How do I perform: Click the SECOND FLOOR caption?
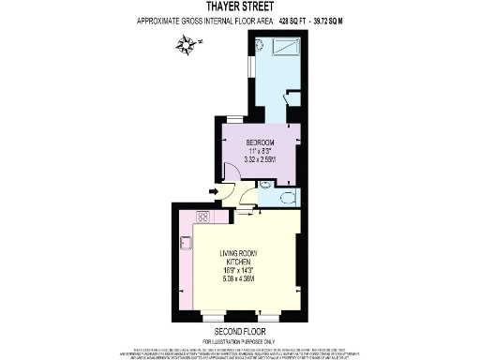coord(241,331)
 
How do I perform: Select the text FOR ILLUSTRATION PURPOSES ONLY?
coord(241,339)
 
